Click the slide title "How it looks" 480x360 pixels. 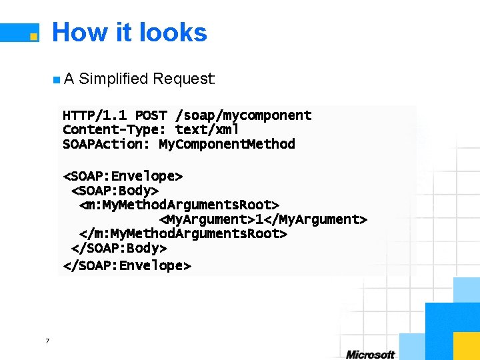[129, 32]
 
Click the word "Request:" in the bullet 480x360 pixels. [184, 79]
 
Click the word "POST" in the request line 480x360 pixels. [151, 115]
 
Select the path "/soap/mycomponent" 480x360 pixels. [243, 115]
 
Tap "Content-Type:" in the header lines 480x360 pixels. [115, 129]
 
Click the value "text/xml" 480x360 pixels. [207, 129]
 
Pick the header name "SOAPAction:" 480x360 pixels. [106, 144]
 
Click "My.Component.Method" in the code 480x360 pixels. [227, 144]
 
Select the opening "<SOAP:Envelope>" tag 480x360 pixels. [123, 176]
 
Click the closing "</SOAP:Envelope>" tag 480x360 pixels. [127, 265]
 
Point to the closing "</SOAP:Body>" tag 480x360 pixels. [119, 248]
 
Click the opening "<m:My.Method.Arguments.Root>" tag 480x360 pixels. [179, 205]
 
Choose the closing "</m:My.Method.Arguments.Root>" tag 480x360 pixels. [183, 234]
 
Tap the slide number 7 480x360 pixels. [47, 341]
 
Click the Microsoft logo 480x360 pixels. [370, 355]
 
